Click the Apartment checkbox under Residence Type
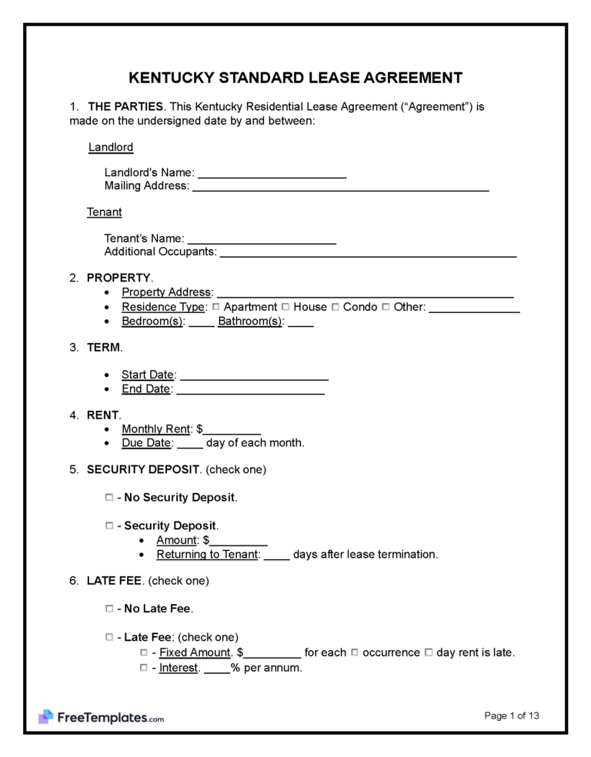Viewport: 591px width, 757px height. pyautogui.click(x=216, y=307)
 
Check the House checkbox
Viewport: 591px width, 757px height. pyautogui.click(x=286, y=307)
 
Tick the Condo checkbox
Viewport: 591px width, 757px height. pyautogui.click(x=336, y=307)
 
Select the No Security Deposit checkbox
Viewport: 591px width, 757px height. pyautogui.click(x=109, y=498)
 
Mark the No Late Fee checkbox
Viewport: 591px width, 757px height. pyautogui.click(x=109, y=609)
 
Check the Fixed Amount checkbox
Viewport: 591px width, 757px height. pyautogui.click(x=144, y=652)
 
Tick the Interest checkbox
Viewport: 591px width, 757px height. pyautogui.click(x=144, y=668)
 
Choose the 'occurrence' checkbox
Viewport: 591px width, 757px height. pyautogui.click(x=355, y=652)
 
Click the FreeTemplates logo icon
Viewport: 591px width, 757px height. pyautogui.click(x=45, y=717)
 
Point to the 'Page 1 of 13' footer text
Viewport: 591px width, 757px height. pyautogui.click(x=512, y=715)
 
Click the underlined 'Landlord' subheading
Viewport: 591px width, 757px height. pyautogui.click(x=111, y=147)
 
